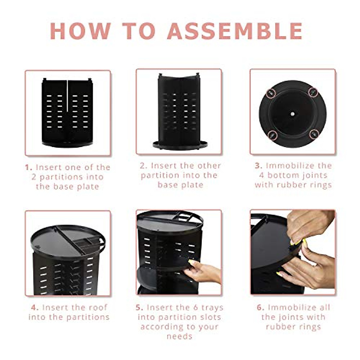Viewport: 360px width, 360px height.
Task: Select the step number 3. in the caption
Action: [259, 166]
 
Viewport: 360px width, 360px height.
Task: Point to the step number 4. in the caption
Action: [35, 307]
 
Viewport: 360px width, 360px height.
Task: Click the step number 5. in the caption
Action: [139, 307]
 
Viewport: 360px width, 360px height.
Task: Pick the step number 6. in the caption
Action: [260, 307]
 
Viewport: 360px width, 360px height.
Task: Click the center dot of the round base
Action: [292, 114]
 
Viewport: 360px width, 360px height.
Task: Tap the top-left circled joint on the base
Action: [271, 93]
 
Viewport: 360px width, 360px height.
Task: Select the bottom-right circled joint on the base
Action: [314, 134]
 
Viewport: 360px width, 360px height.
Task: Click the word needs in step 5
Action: [179, 336]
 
